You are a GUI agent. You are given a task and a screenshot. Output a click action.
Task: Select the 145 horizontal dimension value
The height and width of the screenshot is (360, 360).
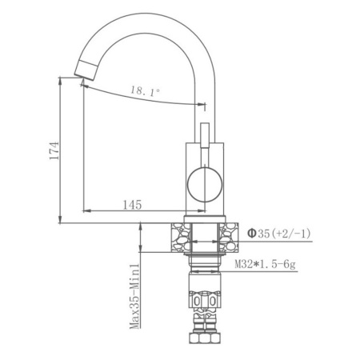[133, 205]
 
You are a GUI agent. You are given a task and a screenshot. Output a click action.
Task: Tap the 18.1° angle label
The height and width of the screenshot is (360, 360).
[145, 92]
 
